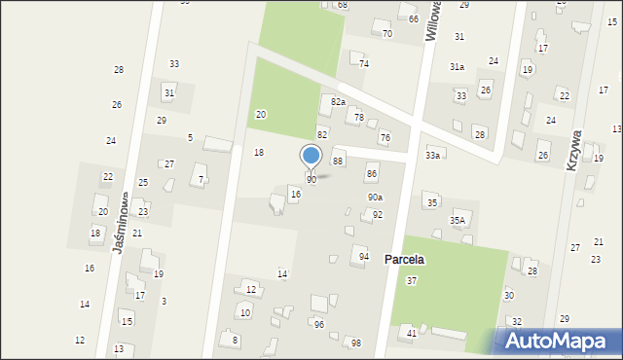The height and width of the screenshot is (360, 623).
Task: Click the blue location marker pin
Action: pyautogui.click(x=311, y=157)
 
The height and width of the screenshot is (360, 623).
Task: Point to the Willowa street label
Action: pyautogui.click(x=434, y=20)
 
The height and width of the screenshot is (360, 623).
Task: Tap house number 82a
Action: pyautogui.click(x=338, y=101)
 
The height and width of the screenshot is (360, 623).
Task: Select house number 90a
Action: pyautogui.click(x=375, y=197)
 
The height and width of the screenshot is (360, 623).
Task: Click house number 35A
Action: pyautogui.click(x=458, y=221)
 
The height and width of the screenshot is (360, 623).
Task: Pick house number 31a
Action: pyautogui.click(x=457, y=66)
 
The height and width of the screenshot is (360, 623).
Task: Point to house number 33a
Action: pyautogui.click(x=432, y=155)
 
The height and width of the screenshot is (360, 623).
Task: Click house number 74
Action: pyautogui.click(x=364, y=63)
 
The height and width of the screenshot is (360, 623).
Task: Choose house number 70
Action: pyautogui.click(x=386, y=33)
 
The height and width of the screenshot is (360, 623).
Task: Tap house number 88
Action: pyautogui.click(x=339, y=161)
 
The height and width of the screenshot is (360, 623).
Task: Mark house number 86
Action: pyautogui.click(x=371, y=173)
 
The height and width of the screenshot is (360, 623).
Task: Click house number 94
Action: pyautogui.click(x=364, y=256)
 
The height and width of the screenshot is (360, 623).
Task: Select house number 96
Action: pyautogui.click(x=318, y=324)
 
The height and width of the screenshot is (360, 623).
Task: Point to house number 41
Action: pyautogui.click(x=412, y=333)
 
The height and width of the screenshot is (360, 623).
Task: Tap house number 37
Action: pyautogui.click(x=412, y=280)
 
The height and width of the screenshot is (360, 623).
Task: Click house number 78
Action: pyautogui.click(x=358, y=117)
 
